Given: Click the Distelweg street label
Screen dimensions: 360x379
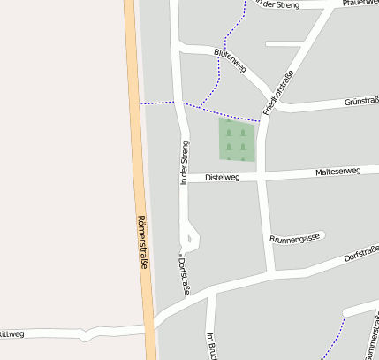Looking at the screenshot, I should [222, 178].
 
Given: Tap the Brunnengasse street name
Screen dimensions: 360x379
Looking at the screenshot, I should [293, 239].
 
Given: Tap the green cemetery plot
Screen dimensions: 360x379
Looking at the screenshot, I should [237, 140].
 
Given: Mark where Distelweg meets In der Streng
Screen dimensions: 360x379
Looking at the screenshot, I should [184, 179].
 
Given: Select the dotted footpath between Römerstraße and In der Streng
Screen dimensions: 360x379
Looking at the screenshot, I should [159, 103].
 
